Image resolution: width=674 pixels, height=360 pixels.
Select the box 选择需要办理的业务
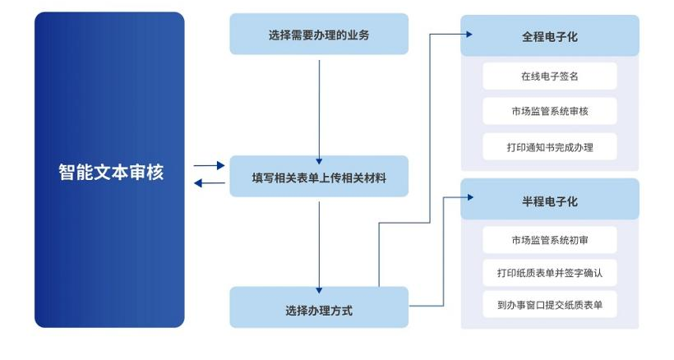click(319, 35)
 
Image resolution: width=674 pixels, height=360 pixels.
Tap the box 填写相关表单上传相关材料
click(319, 177)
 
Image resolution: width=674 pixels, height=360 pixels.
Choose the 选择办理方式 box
click(319, 311)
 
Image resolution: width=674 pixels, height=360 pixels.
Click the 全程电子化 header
click(549, 37)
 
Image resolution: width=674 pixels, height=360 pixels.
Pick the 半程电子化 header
click(549, 201)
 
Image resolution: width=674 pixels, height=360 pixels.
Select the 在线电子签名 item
click(549, 76)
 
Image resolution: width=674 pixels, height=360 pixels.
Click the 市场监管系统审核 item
click(549, 111)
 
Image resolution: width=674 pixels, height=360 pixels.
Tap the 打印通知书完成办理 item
click(549, 147)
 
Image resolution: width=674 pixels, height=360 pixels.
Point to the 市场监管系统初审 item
click(549, 240)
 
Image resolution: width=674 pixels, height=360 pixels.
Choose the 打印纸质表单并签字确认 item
click(549, 272)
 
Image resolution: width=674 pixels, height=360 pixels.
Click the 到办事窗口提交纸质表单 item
click(549, 304)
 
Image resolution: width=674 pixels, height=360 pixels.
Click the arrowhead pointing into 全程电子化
click(469, 35)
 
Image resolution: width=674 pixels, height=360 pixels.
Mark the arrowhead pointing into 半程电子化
click(469, 198)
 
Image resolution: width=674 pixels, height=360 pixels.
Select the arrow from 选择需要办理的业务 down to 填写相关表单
click(319, 107)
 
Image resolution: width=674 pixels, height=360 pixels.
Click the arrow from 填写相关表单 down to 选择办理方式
click(319, 242)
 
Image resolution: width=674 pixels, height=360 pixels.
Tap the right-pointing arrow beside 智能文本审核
click(210, 166)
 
